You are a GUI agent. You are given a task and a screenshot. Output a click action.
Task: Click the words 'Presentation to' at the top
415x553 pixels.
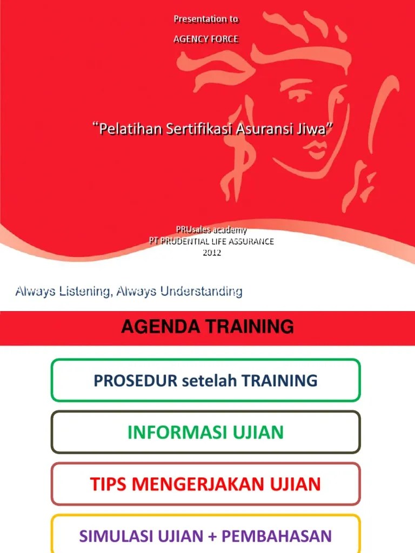tap(206, 19)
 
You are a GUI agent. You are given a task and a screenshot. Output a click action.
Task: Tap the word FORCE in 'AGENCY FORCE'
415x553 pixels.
tap(224, 39)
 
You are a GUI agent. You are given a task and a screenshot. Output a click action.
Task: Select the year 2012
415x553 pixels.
tap(212, 252)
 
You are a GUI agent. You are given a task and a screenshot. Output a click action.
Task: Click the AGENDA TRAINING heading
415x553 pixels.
tap(207, 327)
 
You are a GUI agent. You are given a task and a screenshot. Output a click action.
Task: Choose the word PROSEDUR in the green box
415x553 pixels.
tap(136, 381)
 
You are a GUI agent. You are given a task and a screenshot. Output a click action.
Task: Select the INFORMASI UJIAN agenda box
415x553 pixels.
tap(205, 433)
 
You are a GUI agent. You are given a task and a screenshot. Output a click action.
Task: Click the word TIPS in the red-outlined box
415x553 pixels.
tap(107, 484)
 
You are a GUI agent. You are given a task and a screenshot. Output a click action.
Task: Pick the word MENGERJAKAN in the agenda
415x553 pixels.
tap(204, 484)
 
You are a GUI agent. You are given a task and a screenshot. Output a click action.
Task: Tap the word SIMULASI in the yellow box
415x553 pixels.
tap(116, 536)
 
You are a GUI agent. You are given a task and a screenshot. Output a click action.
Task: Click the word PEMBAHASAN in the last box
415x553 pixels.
tap(277, 536)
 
